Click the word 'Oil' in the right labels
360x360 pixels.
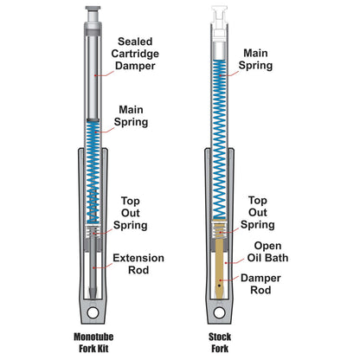pos(269,256)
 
